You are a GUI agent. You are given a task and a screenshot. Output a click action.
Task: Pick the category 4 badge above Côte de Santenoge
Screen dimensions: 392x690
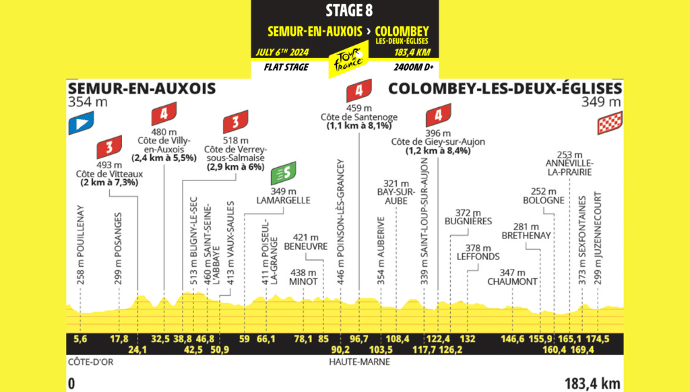(358, 90)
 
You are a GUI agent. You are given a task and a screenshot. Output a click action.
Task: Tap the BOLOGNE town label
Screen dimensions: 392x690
(543, 200)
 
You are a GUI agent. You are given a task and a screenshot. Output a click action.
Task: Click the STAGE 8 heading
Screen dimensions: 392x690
(345, 11)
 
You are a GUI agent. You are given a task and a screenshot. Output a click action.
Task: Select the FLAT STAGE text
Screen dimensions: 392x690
(286, 67)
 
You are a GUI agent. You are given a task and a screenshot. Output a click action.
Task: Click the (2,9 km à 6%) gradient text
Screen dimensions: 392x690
(235, 166)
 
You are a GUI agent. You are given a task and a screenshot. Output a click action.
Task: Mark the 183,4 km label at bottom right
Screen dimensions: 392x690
(593, 384)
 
